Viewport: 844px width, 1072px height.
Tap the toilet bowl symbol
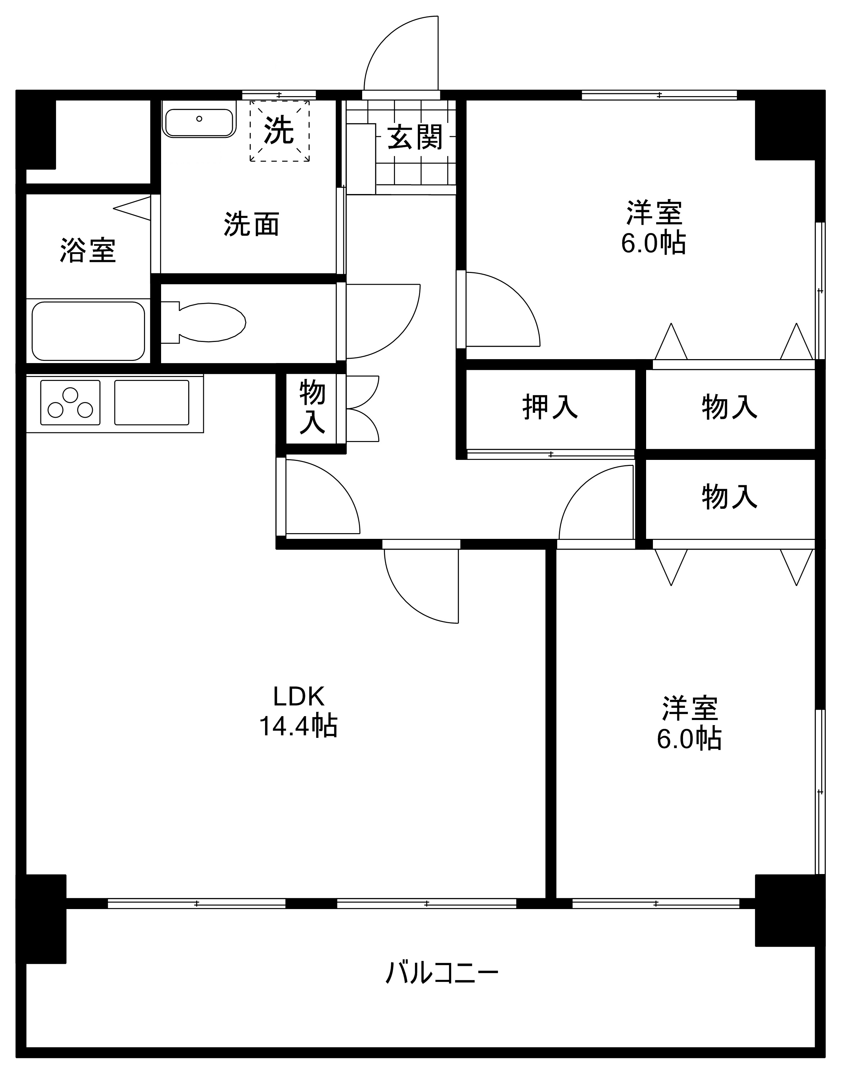[x=204, y=323]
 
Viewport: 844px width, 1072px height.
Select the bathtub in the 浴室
[x=89, y=331]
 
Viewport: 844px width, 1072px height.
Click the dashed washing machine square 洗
[x=280, y=131]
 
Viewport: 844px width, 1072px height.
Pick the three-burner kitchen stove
[x=70, y=402]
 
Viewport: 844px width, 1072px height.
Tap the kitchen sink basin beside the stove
[x=152, y=402]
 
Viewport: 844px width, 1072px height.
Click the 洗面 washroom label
[x=251, y=224]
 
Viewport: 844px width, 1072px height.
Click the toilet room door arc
[x=398, y=337]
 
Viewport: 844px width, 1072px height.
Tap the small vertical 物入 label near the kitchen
[x=312, y=407]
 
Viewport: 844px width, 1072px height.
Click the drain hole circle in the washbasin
[x=199, y=119]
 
